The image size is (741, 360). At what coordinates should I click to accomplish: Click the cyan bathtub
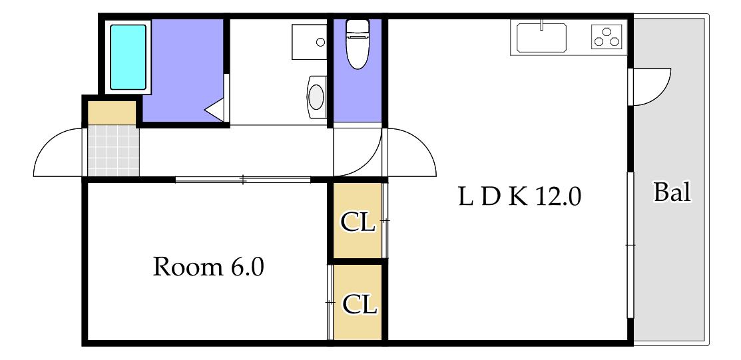[128, 57]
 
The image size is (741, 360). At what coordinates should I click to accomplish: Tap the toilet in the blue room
[358, 44]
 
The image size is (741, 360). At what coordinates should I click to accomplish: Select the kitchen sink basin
[541, 38]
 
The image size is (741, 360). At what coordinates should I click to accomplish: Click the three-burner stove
[606, 37]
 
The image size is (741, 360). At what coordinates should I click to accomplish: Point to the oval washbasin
[316, 97]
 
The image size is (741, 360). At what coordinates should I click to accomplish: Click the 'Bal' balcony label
[672, 193]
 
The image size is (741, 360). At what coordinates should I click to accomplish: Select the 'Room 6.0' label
[208, 268]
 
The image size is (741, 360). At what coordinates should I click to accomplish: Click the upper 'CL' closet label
[358, 223]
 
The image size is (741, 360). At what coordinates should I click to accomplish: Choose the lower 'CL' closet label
[360, 305]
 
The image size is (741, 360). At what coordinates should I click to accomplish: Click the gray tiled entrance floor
[114, 150]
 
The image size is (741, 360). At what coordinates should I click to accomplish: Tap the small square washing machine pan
[309, 42]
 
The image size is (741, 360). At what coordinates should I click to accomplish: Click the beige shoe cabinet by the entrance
[113, 112]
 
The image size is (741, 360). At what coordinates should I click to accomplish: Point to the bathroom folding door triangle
[216, 110]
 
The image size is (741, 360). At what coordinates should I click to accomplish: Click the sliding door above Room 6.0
[243, 180]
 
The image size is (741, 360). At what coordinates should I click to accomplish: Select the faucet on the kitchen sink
[542, 25]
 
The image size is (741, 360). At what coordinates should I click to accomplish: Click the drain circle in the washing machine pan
[320, 42]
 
